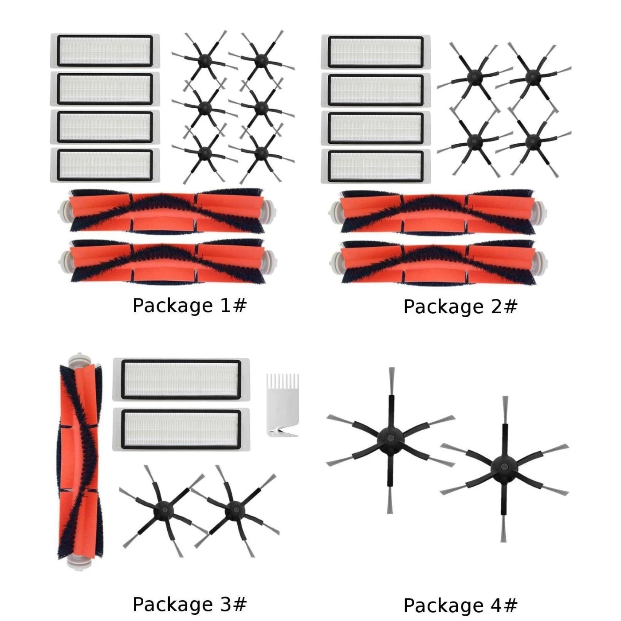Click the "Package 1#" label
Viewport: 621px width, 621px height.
[189, 305]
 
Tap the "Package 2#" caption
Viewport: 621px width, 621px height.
[460, 307]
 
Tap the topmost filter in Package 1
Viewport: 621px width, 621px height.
[105, 51]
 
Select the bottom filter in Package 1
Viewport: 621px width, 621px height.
[105, 165]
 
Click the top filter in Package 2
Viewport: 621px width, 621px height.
[376, 52]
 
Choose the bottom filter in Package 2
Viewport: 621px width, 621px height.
[376, 166]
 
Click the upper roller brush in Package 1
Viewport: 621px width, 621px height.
[167, 210]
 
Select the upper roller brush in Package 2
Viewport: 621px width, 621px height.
[438, 212]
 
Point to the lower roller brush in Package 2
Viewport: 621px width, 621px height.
[438, 263]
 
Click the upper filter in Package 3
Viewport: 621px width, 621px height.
[181, 380]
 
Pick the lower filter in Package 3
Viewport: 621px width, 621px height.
[181, 429]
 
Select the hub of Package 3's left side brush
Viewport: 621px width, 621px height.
[163, 510]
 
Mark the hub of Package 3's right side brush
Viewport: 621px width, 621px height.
[235, 510]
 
